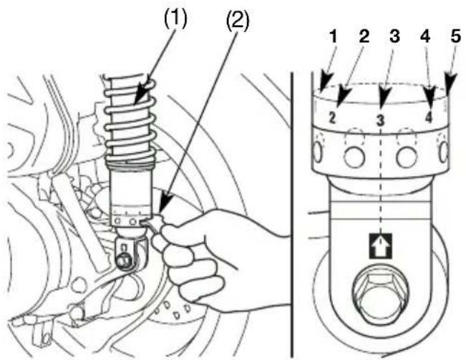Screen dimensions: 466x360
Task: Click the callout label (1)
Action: (x=176, y=19)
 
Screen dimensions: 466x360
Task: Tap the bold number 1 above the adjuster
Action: (x=333, y=37)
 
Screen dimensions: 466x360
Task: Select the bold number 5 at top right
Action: (x=455, y=37)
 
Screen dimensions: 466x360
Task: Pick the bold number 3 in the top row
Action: (x=394, y=37)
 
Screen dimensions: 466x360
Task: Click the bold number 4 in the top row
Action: (x=425, y=37)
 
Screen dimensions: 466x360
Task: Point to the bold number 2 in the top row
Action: (x=364, y=37)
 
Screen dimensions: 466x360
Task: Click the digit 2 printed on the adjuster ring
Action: (x=332, y=117)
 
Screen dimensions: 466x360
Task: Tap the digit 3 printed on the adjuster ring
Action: (x=381, y=120)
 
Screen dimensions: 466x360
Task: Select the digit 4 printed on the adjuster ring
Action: (x=428, y=117)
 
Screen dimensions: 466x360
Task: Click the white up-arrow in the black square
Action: (x=381, y=246)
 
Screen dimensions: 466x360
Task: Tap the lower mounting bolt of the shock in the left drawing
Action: (x=122, y=261)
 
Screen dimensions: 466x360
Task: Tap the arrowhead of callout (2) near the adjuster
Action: (x=163, y=203)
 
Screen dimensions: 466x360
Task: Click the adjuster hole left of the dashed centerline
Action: (x=354, y=155)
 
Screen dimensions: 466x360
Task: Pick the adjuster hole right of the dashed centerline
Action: (x=407, y=155)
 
